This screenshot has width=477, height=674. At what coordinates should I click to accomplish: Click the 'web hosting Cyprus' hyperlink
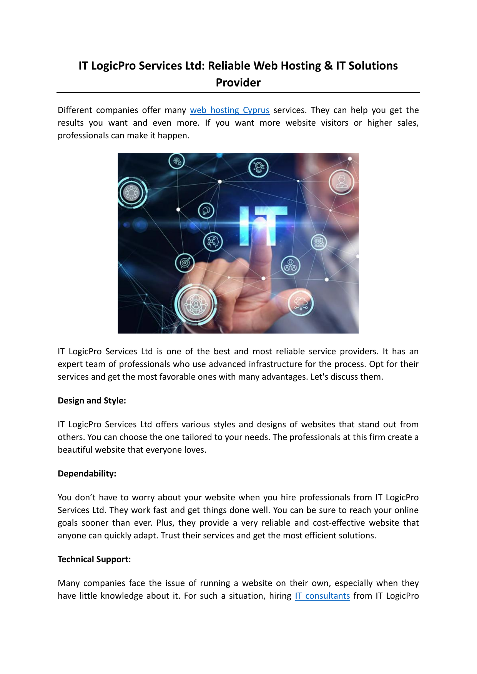(x=229, y=110)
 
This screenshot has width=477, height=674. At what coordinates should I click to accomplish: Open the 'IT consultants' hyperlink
(x=322, y=596)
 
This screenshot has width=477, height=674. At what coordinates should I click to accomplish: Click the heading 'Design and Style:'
(x=92, y=401)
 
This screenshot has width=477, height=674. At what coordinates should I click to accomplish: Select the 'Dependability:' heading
(x=87, y=474)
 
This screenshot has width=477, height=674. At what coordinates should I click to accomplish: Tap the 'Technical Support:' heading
(x=94, y=559)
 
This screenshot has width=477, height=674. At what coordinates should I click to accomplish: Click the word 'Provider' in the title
(x=238, y=83)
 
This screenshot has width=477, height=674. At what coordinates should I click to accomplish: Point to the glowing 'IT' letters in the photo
(x=263, y=226)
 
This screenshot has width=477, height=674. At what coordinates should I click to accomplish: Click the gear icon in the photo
(x=131, y=192)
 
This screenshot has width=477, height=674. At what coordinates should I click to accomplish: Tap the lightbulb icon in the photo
(x=258, y=167)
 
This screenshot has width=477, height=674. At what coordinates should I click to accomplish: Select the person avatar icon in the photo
(x=341, y=181)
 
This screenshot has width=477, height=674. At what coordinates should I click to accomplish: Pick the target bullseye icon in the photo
(x=185, y=263)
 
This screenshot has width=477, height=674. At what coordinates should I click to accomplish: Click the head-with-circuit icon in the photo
(x=213, y=242)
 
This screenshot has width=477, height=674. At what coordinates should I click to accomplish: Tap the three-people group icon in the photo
(x=291, y=266)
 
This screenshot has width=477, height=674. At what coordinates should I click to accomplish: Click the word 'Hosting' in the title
(x=301, y=66)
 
